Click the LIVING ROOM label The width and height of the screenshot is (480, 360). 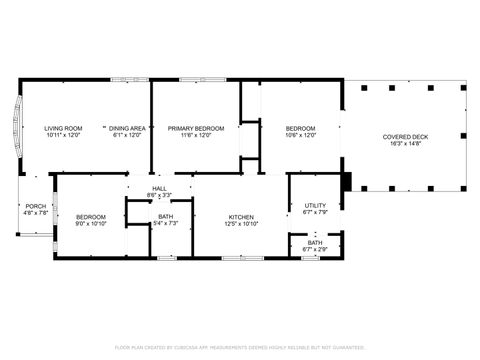(x=63, y=128)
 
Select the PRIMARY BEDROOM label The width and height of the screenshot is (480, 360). (x=195, y=128)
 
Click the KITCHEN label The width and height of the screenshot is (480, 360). (x=241, y=216)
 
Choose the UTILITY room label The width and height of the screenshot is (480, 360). (x=315, y=204)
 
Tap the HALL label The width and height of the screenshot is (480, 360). (x=159, y=188)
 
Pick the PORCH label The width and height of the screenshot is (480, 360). (x=36, y=206)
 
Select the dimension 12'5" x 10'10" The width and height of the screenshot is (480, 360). (x=241, y=224)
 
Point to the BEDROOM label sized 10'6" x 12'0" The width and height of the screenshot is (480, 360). (x=300, y=128)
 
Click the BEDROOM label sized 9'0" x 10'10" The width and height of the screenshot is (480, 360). (x=91, y=216)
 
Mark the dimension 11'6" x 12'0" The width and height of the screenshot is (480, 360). (x=195, y=135)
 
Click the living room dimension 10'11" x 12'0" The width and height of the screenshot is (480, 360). (x=63, y=135)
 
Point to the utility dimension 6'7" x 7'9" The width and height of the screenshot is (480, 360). (x=315, y=211)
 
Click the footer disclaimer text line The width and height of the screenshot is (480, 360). (x=240, y=347)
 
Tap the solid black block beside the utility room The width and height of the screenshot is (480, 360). (x=347, y=182)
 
